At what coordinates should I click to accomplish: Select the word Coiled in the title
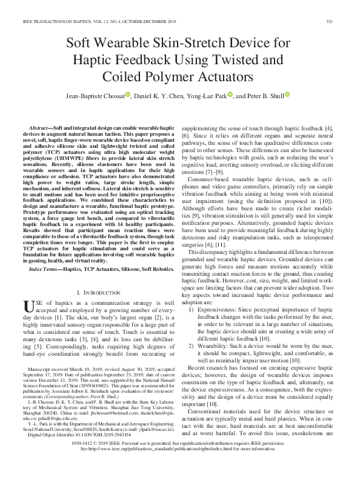coord(124,76)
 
